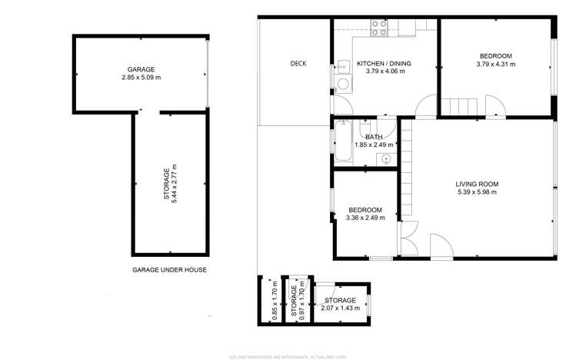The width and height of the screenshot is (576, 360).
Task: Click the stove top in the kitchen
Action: click(x=379, y=28)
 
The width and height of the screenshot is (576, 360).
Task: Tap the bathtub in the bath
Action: click(x=342, y=142)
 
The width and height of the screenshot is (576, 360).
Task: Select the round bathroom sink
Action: click(x=385, y=159)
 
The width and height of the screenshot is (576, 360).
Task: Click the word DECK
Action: click(x=298, y=64)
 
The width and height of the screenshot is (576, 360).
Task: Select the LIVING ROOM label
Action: click(x=477, y=184)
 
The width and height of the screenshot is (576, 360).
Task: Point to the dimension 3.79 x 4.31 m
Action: click(x=495, y=65)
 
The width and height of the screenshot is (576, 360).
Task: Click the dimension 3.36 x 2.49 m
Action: click(x=365, y=218)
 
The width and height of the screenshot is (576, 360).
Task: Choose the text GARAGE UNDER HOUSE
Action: click(x=169, y=270)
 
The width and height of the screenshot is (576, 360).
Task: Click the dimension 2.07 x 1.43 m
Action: click(x=339, y=308)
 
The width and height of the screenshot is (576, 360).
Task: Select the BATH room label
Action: click(x=374, y=137)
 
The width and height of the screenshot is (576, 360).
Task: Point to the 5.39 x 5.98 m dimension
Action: click(x=477, y=192)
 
